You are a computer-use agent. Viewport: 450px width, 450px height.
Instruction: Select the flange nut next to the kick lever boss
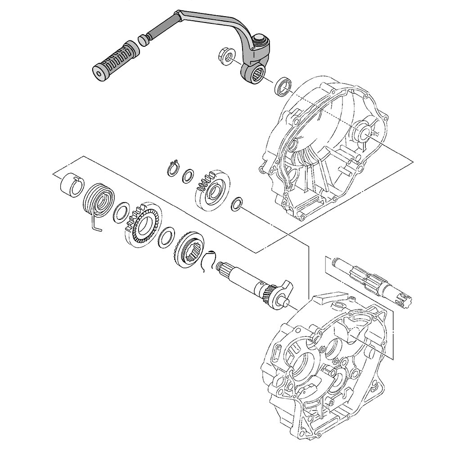point(226,57)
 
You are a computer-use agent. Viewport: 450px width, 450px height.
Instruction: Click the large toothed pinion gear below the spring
point(144,223)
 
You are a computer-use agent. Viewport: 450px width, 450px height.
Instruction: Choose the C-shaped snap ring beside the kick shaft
point(207,262)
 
